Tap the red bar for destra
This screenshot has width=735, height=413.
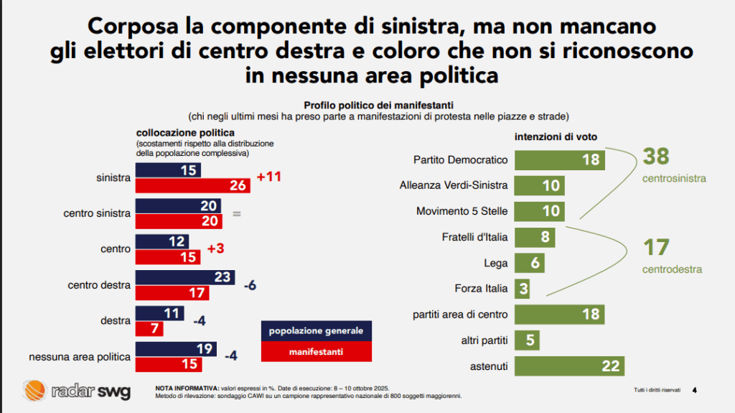point(149,328)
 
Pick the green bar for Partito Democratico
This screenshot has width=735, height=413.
point(560,159)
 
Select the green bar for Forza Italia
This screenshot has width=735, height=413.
point(523,289)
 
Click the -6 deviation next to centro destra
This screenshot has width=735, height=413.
point(251,285)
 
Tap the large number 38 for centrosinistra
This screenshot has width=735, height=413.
point(656,156)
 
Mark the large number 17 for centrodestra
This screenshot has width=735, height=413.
point(655,248)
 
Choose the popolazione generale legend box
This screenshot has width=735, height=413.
point(316,331)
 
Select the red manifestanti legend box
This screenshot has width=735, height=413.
point(316,352)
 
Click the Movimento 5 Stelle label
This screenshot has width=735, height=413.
point(462,211)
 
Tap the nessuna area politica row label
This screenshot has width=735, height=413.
point(80,357)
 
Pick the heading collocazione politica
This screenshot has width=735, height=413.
point(185,133)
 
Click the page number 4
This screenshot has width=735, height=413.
point(694,390)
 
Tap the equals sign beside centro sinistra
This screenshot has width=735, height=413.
point(236,213)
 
